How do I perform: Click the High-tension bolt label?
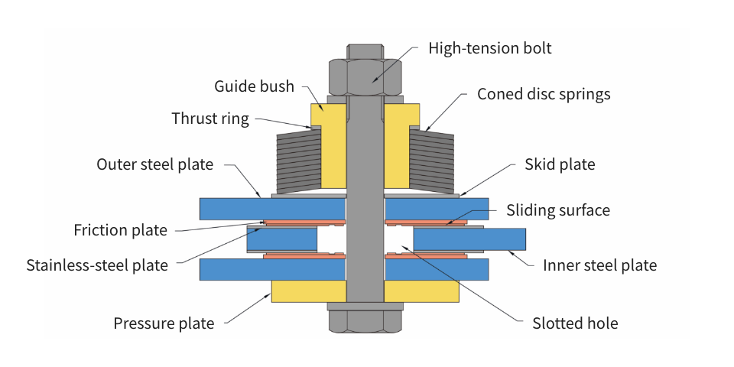(489, 48)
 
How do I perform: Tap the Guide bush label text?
(254, 86)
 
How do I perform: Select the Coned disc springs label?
(544, 94)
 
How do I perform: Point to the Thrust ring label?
(210, 119)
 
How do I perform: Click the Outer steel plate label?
(154, 164)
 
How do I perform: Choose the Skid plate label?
(559, 164)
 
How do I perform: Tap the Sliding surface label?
(558, 209)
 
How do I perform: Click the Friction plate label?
(120, 230)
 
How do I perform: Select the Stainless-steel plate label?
(97, 265)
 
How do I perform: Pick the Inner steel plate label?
(599, 265)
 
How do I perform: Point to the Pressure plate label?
(164, 323)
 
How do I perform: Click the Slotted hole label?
(575, 323)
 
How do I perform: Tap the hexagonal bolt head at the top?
(366, 75)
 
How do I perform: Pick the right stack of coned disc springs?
(433, 160)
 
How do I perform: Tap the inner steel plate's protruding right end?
(505, 239)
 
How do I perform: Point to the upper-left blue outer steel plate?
(271, 209)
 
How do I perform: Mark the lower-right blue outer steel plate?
(437, 269)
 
